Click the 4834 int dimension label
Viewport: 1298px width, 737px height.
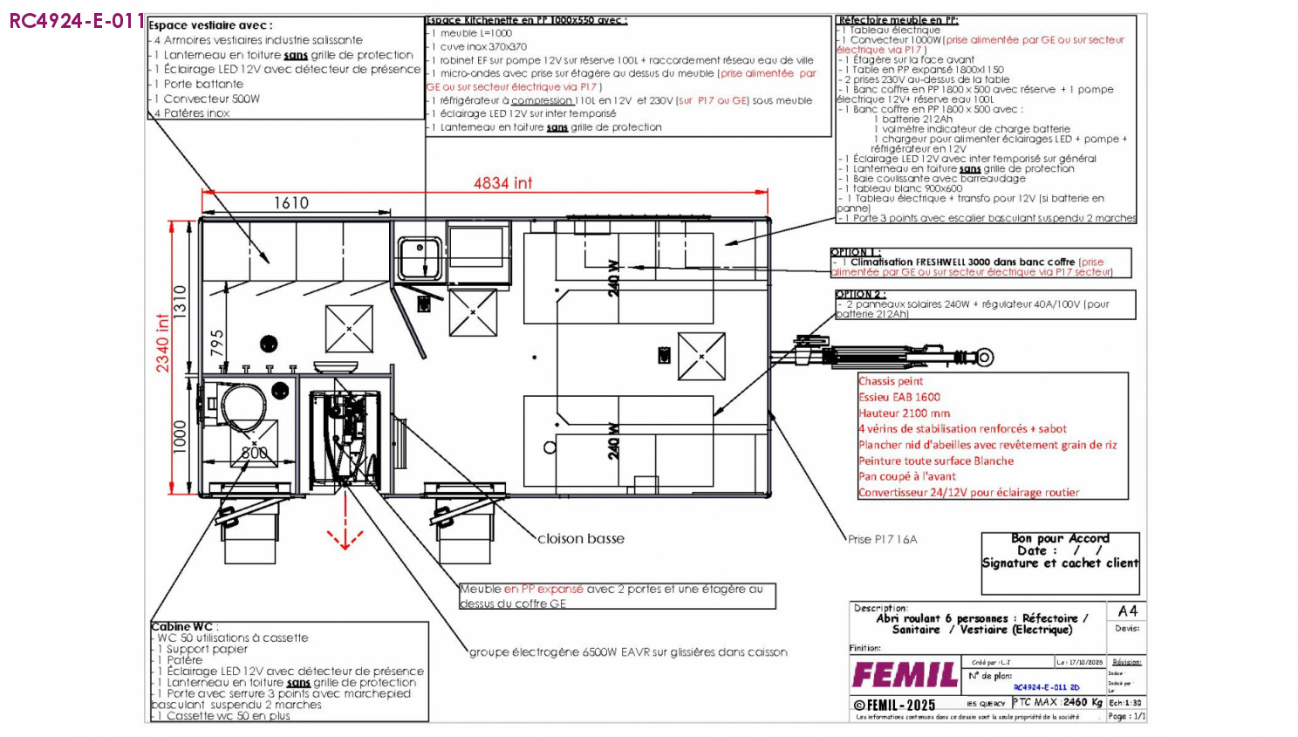(x=502, y=183)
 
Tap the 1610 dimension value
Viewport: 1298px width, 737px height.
(x=291, y=203)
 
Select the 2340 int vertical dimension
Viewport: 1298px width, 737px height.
(x=163, y=343)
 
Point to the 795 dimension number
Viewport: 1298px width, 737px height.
(x=217, y=342)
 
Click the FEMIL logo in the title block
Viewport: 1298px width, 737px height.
(x=905, y=674)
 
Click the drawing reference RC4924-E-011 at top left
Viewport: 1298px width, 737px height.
(x=77, y=21)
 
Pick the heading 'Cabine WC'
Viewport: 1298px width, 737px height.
(x=181, y=626)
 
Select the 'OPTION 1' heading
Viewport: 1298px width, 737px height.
(x=856, y=252)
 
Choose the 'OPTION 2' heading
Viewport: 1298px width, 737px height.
(x=860, y=294)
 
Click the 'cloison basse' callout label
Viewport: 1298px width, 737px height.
(x=581, y=538)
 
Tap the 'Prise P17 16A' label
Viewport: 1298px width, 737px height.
(x=882, y=539)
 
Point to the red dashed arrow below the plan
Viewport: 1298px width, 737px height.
(x=345, y=534)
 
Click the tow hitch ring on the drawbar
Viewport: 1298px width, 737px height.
(x=985, y=357)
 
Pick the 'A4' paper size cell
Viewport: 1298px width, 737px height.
(x=1127, y=611)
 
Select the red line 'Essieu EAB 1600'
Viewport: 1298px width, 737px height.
(x=899, y=397)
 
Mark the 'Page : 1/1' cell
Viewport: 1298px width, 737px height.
(x=1126, y=716)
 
